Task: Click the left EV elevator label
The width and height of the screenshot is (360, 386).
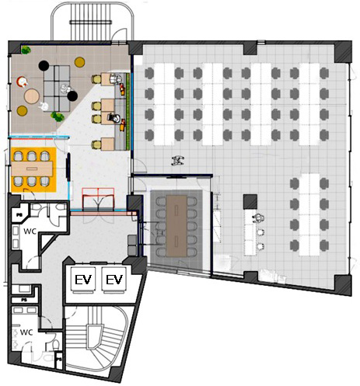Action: [83, 280]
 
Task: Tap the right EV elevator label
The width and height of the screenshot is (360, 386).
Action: [114, 280]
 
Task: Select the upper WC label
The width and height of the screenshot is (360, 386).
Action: [30, 231]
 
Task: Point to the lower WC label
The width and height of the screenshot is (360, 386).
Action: [26, 332]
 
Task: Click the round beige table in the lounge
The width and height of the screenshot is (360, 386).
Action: [32, 96]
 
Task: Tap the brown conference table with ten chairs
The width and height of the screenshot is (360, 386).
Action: [177, 226]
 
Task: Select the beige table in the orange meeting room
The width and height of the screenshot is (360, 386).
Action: [32, 169]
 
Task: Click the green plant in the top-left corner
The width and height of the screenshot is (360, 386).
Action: [26, 50]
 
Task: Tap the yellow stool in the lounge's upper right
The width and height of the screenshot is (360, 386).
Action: [79, 62]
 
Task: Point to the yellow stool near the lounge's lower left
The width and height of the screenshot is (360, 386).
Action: [22, 111]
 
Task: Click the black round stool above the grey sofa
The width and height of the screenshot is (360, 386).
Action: [44, 66]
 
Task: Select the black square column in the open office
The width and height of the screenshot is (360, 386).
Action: [250, 202]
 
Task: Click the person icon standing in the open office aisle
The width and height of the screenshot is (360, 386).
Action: [178, 161]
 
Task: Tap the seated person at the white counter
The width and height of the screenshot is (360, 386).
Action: [258, 219]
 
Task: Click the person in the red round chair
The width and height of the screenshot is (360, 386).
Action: [22, 82]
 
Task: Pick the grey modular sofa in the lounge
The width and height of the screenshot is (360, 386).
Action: [57, 89]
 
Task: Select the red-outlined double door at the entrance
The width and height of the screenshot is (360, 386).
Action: [98, 199]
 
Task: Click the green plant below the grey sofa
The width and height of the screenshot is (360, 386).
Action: [58, 116]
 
